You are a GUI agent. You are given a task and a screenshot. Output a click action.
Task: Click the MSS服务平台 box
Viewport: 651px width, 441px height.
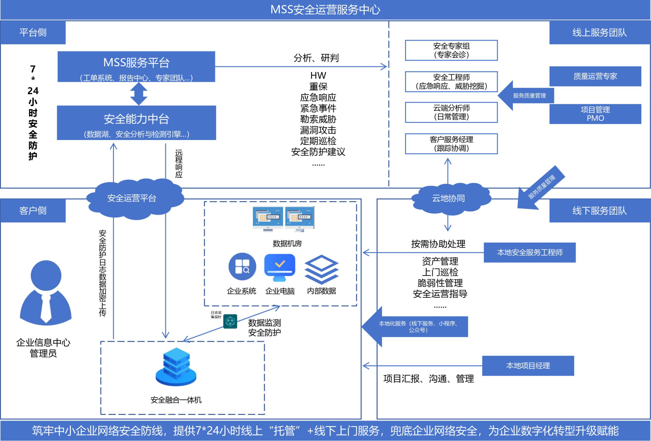click(x=136, y=67)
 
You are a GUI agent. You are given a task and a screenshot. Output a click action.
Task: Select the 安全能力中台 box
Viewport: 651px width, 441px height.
click(x=136, y=123)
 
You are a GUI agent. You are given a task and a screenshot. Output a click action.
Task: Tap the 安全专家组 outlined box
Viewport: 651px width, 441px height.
click(x=451, y=50)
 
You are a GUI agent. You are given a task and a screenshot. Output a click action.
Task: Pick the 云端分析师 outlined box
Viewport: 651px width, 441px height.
click(x=451, y=112)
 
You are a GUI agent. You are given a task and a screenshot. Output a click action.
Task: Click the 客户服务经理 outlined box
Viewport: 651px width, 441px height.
click(x=451, y=144)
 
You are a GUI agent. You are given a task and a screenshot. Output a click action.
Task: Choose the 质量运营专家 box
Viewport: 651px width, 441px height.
click(x=595, y=76)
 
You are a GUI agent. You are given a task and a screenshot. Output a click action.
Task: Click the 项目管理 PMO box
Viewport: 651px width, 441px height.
click(x=595, y=114)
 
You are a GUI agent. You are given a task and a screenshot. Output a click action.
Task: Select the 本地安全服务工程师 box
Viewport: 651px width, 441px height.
click(x=529, y=253)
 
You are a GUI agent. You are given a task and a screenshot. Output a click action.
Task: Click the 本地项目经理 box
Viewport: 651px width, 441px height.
click(x=528, y=366)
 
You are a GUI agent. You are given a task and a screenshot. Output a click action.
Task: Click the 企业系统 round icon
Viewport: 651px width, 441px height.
click(x=242, y=266)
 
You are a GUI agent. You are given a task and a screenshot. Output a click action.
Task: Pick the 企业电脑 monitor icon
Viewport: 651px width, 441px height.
click(x=280, y=268)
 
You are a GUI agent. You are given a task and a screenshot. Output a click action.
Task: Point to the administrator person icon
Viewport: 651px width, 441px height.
click(x=45, y=292)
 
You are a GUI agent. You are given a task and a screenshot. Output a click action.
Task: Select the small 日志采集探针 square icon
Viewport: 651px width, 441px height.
click(x=230, y=321)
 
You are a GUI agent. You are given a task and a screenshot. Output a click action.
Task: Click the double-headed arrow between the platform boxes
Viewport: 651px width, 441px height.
click(x=139, y=94)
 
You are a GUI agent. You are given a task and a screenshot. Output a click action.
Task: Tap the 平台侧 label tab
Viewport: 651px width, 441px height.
click(x=33, y=33)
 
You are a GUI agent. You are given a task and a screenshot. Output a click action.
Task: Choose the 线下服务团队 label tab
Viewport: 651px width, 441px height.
click(x=599, y=211)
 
